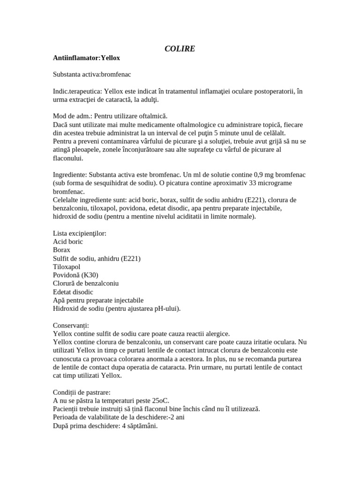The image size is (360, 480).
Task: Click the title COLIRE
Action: click(x=180, y=49)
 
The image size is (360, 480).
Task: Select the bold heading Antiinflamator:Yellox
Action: click(x=87, y=58)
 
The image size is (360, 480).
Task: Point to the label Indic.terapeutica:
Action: click(x=77, y=91)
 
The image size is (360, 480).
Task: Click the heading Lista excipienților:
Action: click(x=80, y=233)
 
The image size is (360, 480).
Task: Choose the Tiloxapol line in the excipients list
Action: click(x=67, y=267)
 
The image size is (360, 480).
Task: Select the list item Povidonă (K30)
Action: click(x=76, y=275)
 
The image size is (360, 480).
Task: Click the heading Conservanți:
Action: click(x=71, y=325)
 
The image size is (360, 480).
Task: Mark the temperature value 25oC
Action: click(x=160, y=400)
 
